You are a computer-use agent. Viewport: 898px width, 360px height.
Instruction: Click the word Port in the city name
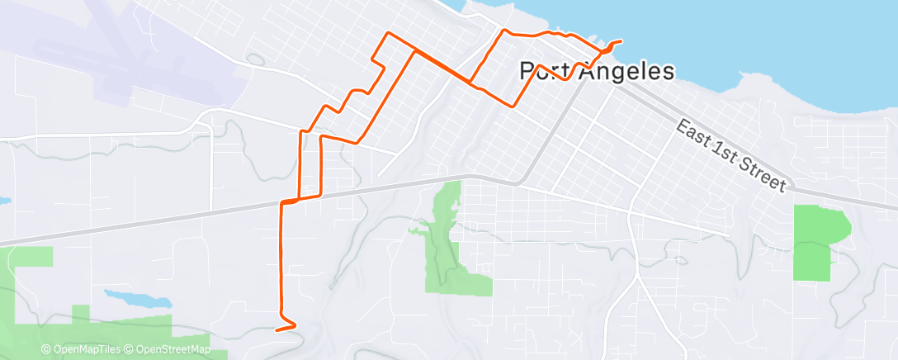pos(544,72)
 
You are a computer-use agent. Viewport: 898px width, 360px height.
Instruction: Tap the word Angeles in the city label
pos(626,72)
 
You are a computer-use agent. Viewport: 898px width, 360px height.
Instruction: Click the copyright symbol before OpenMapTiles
pos(46,349)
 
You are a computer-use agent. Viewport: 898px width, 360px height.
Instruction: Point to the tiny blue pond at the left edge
pos(3,201)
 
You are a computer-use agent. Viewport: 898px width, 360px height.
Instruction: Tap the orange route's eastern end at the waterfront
pos(620,41)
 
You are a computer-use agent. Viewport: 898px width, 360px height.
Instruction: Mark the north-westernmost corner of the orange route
pos(389,33)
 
